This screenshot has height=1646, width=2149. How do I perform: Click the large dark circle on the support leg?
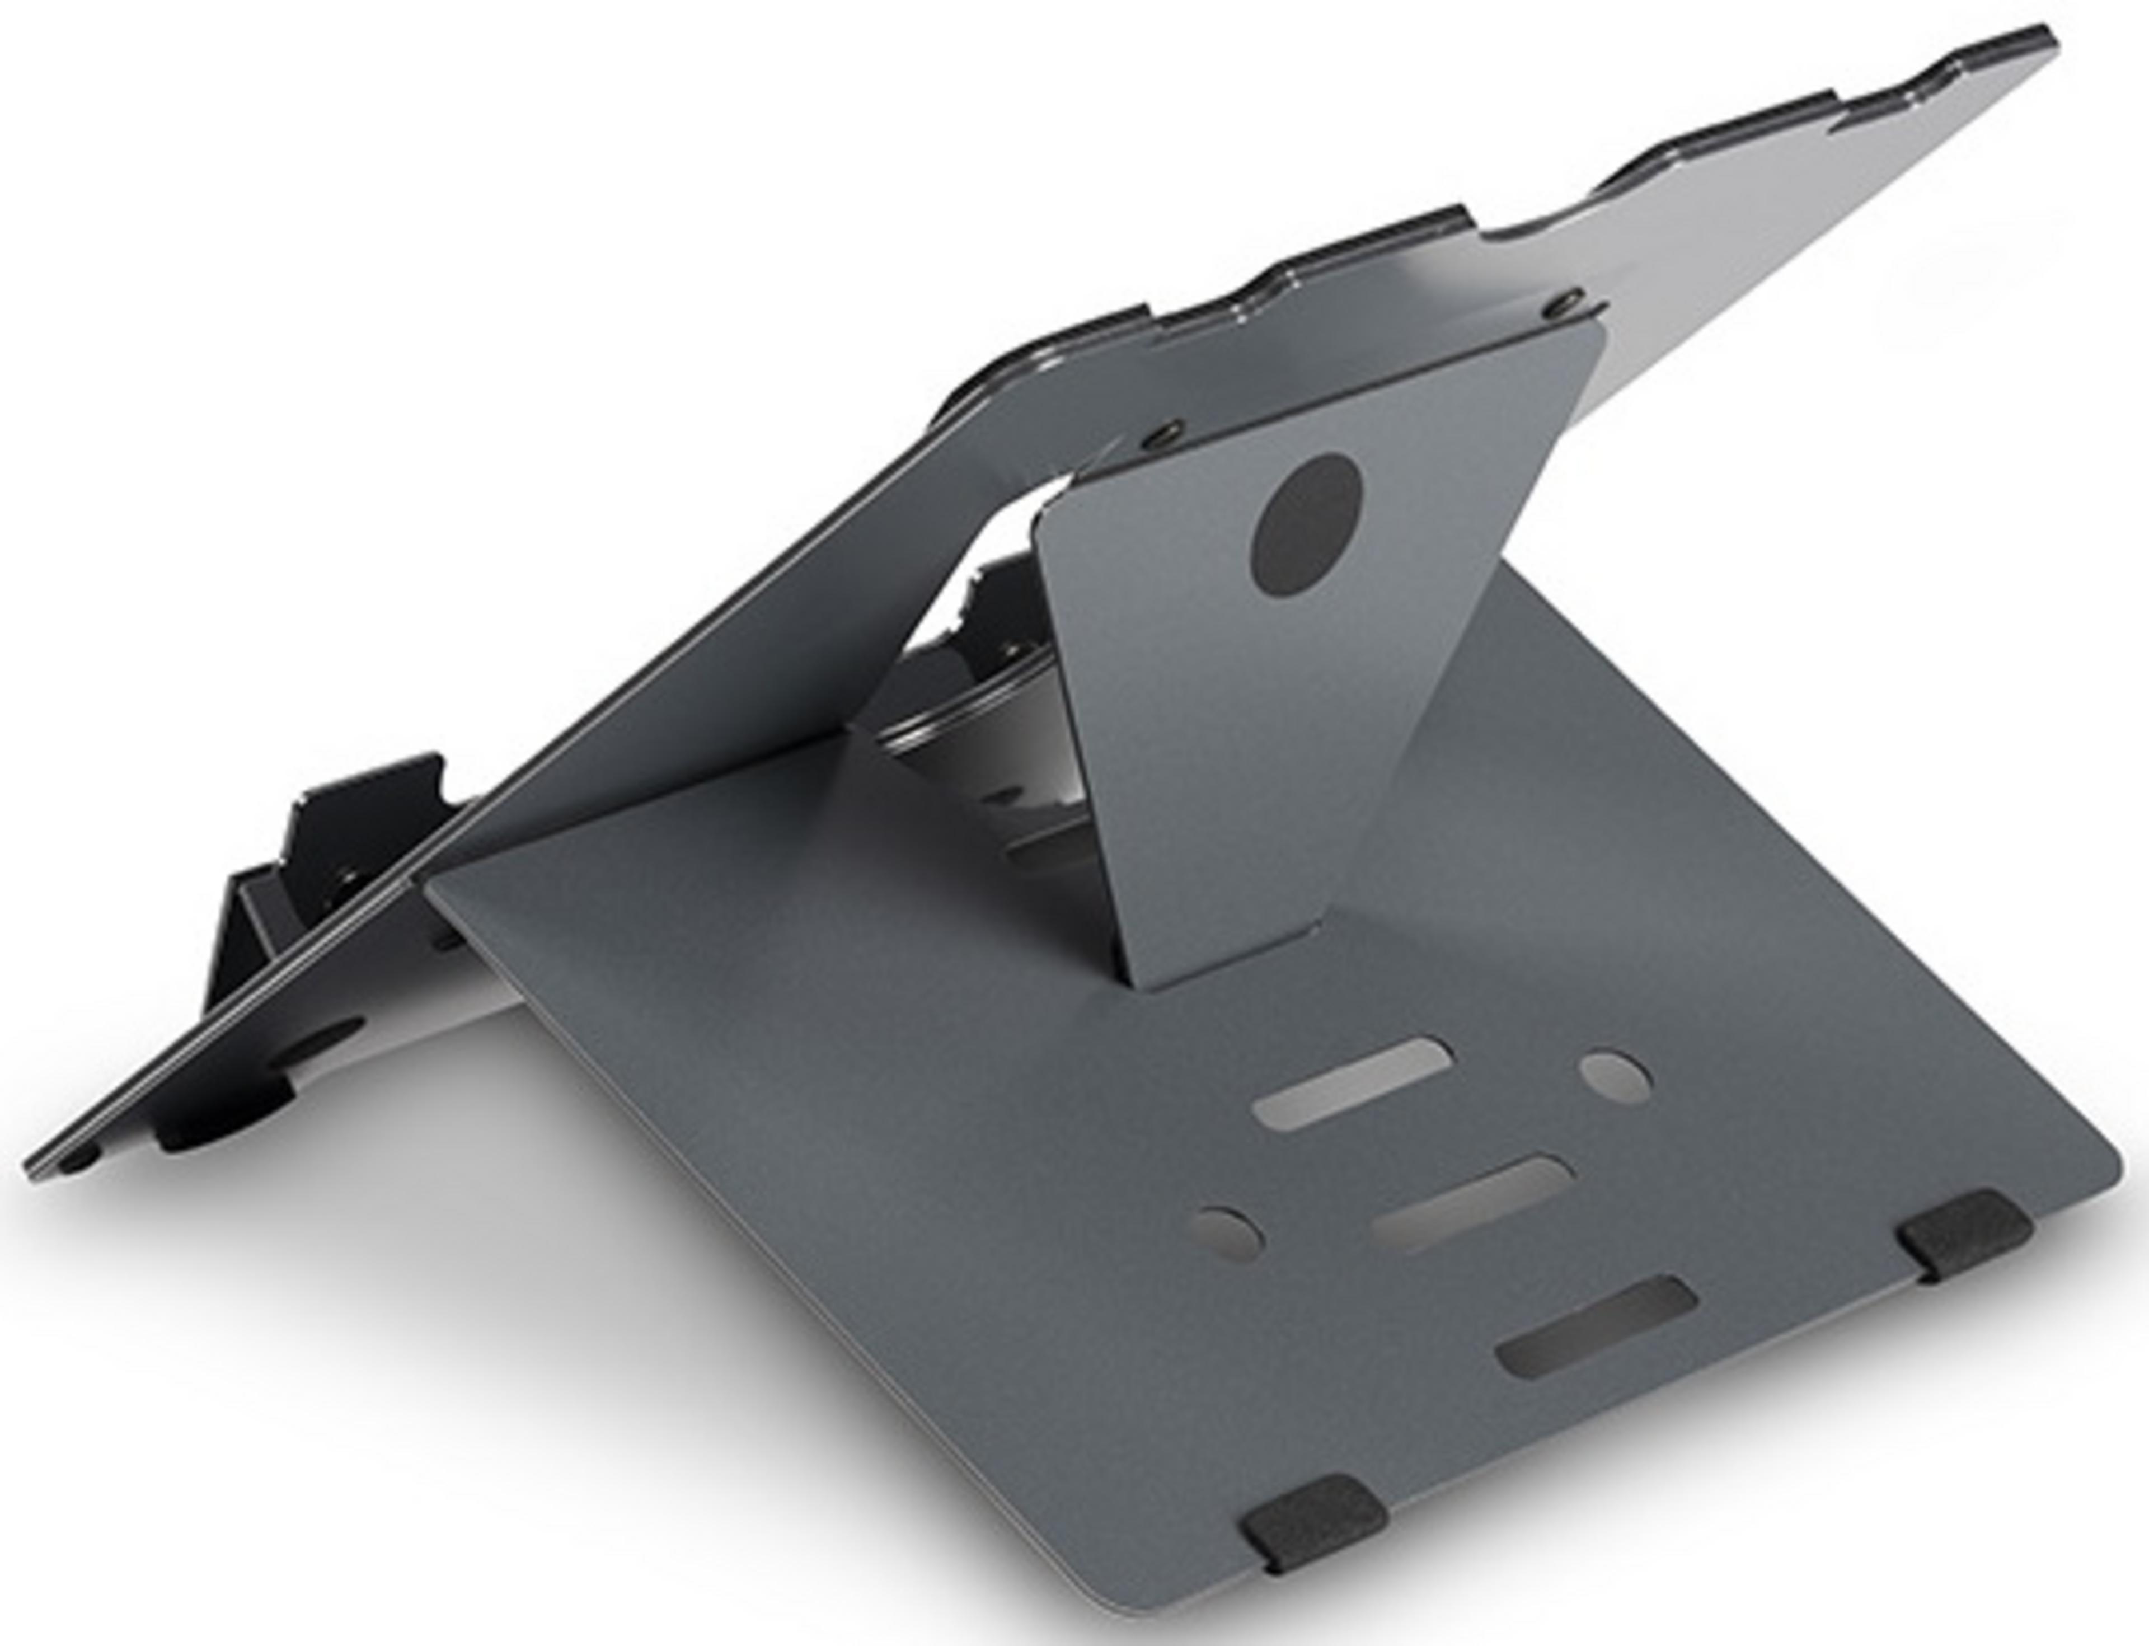pos(1307,525)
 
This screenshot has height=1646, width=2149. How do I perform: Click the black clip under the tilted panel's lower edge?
pos(226,1127)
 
